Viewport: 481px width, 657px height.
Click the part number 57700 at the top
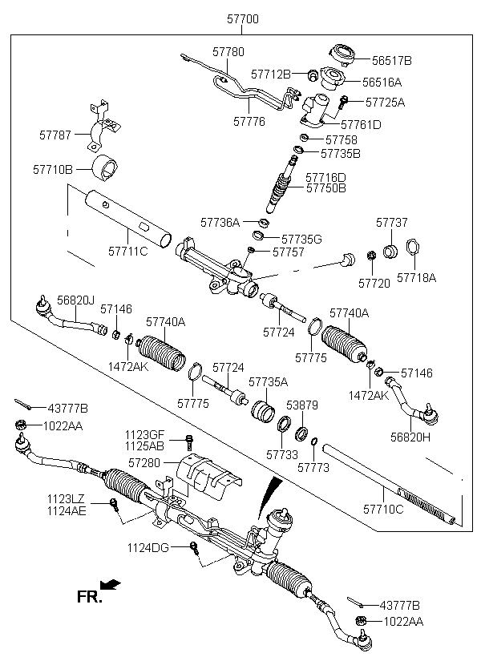[x=243, y=19]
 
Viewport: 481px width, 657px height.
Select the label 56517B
[x=392, y=61]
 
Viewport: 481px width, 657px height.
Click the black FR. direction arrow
[x=111, y=585]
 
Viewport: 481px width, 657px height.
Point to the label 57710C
[x=383, y=509]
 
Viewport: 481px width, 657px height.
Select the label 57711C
[x=128, y=252]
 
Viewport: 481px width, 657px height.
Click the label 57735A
[x=269, y=382]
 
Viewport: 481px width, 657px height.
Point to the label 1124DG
[x=148, y=548]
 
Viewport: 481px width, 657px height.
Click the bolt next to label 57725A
[x=343, y=103]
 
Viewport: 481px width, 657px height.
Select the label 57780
[x=228, y=52]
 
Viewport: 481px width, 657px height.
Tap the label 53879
[x=302, y=405]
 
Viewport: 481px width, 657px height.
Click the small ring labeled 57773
[x=314, y=441]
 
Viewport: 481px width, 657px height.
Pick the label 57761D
[x=361, y=124]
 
